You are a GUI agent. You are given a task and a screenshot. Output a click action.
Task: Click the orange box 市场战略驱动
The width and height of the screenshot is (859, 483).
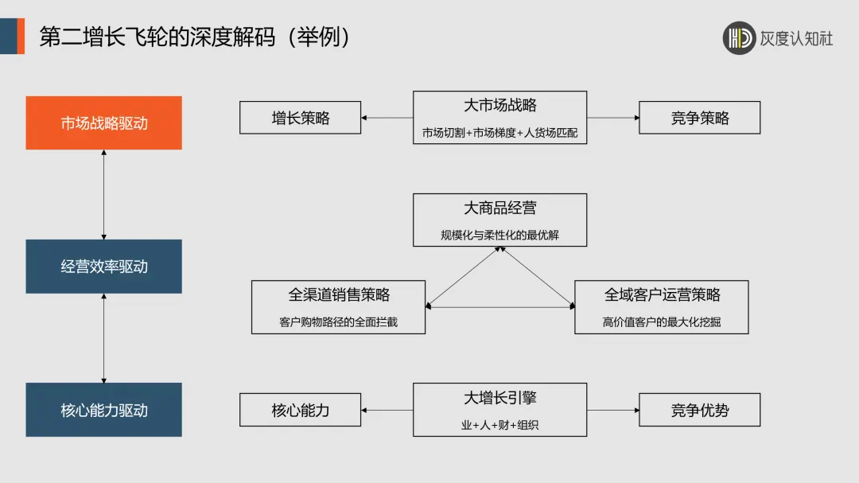tap(103, 123)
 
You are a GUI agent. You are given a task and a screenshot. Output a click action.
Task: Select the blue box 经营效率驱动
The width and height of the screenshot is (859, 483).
tap(103, 267)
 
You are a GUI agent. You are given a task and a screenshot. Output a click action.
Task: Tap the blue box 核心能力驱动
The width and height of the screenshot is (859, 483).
tap(103, 410)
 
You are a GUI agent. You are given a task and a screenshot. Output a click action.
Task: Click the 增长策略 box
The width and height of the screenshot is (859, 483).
tap(300, 118)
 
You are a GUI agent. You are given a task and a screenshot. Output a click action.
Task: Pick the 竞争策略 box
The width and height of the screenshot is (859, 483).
tap(699, 118)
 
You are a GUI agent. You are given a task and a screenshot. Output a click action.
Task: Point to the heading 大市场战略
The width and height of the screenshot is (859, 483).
tap(499, 105)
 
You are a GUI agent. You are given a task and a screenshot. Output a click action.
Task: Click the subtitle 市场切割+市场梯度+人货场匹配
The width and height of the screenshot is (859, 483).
tap(499, 132)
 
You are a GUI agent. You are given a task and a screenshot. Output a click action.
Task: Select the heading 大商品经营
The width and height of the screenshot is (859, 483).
tap(499, 208)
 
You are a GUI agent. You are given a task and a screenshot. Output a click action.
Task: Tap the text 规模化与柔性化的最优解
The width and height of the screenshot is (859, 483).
tap(499, 235)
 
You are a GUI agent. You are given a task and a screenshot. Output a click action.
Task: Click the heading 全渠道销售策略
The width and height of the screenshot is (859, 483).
tap(339, 294)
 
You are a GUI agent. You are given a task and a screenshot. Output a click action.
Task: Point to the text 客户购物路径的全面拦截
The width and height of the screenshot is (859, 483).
tap(339, 322)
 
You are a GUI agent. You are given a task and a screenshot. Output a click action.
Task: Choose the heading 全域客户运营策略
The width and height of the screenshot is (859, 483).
tap(662, 294)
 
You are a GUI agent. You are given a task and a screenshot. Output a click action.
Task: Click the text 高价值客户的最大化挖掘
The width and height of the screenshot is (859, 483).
tap(662, 322)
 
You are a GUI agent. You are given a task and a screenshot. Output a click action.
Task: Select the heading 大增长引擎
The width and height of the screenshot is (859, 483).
tap(499, 397)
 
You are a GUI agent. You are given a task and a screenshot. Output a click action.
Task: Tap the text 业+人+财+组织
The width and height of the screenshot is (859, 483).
tap(499, 425)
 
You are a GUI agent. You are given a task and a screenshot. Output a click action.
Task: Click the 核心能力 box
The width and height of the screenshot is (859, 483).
tap(300, 411)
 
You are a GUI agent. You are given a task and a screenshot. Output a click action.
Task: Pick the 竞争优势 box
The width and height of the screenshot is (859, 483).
tap(699, 411)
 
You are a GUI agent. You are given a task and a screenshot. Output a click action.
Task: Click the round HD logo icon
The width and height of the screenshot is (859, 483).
tap(739, 38)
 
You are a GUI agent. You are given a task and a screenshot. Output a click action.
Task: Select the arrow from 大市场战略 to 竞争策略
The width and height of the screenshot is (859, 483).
tap(613, 118)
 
